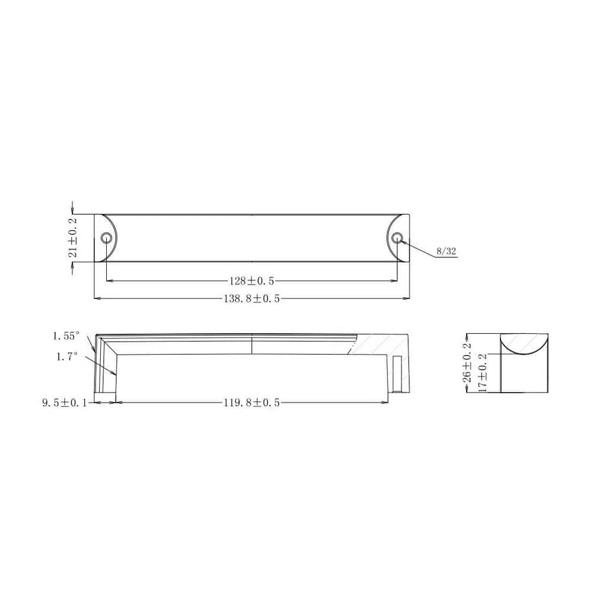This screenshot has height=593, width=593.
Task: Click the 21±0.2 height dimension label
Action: (x=73, y=237)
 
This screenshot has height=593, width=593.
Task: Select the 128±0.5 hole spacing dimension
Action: (x=251, y=280)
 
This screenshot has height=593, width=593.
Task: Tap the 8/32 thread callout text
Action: (x=446, y=251)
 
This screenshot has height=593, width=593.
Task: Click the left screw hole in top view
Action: (x=107, y=238)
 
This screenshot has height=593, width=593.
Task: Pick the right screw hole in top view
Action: (x=397, y=238)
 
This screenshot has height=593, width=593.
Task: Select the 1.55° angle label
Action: (x=65, y=336)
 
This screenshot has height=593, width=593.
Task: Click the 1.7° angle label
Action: (x=67, y=356)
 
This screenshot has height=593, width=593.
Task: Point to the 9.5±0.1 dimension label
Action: (x=64, y=403)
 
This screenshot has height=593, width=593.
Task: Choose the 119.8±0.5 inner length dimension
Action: (x=251, y=403)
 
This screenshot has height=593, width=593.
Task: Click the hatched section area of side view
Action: (x=380, y=345)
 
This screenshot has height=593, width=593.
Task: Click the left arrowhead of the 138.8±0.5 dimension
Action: (x=98, y=298)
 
